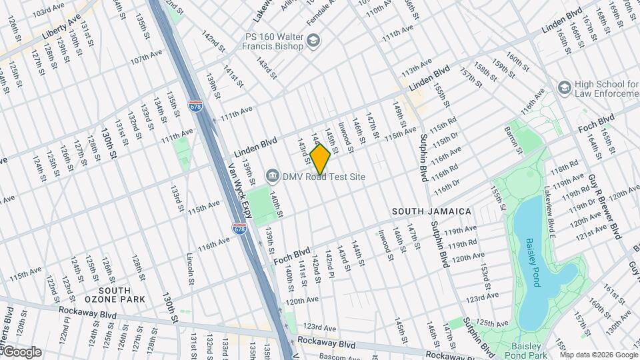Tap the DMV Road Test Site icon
pyautogui.click(x=273, y=177)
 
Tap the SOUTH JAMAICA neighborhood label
pyautogui.click(x=431, y=211)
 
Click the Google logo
pyautogui.click(x=21, y=351)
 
